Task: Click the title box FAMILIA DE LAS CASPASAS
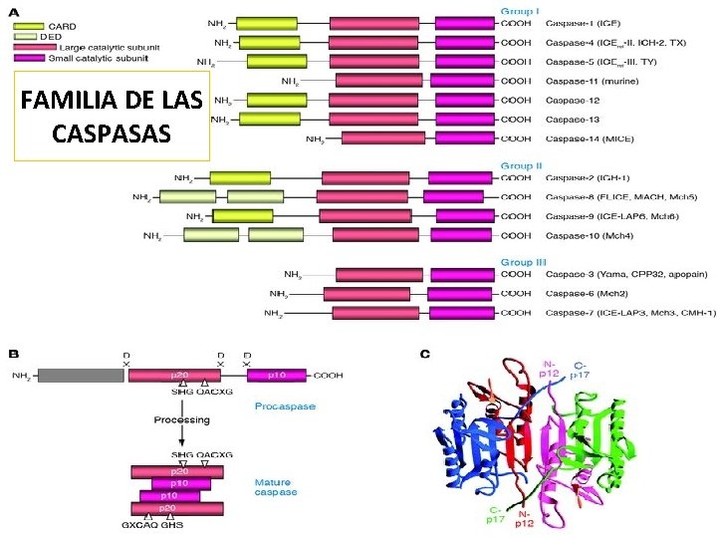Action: tap(112, 116)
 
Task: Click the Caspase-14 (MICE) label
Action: tap(589, 139)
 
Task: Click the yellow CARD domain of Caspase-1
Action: tap(263, 22)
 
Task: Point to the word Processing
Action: tap(181, 420)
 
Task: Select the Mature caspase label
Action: tap(275, 487)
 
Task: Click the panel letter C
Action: tap(426, 353)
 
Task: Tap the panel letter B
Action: tap(14, 353)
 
